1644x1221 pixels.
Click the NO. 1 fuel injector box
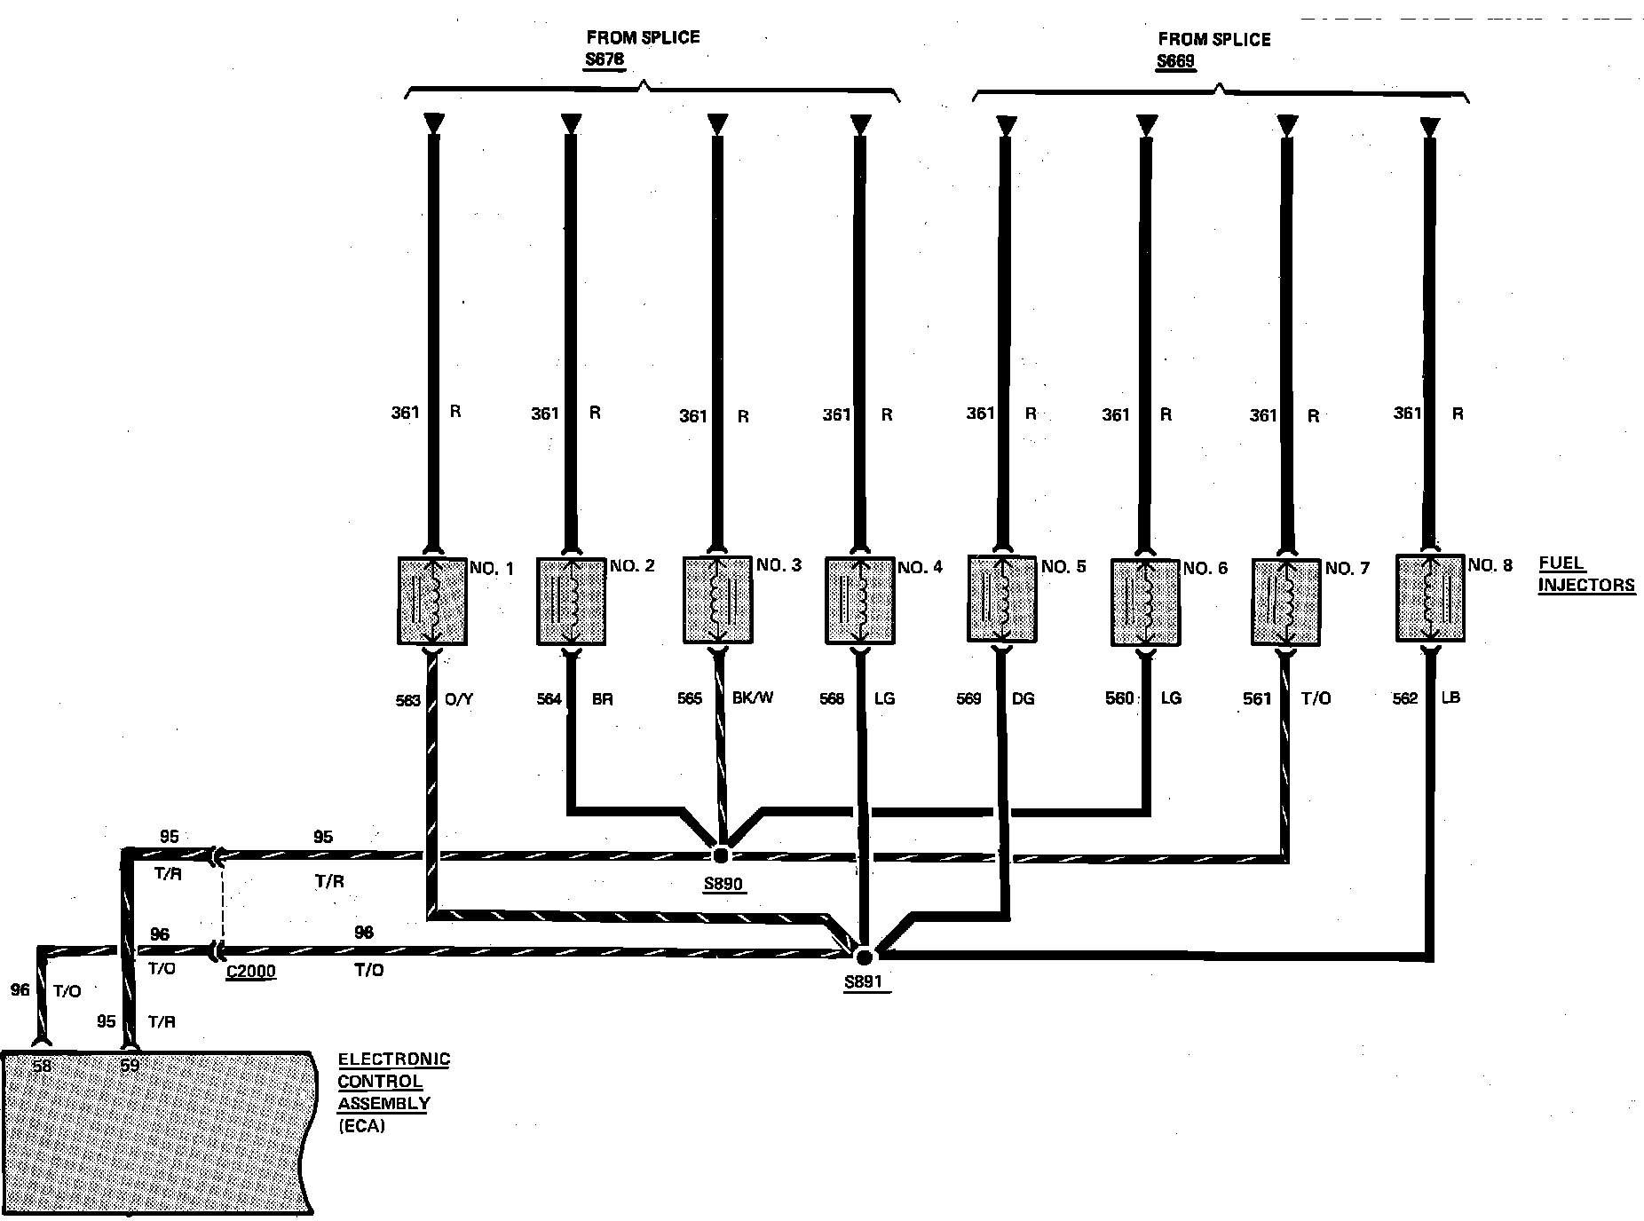(431, 601)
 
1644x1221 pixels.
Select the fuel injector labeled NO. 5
(1001, 598)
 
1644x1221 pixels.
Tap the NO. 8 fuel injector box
(1429, 597)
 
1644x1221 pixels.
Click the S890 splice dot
(721, 855)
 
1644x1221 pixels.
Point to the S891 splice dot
(864, 956)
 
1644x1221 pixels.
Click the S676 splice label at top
(604, 59)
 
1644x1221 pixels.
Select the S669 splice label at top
(1175, 61)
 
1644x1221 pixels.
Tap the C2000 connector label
(250, 971)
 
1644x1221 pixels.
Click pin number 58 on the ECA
(42, 1066)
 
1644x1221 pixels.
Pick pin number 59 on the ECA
(130, 1066)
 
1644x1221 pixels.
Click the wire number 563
(407, 700)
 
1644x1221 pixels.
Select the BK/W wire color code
(753, 697)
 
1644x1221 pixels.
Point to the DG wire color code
(1023, 698)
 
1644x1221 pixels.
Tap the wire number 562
(1405, 698)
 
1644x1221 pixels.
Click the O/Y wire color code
(458, 699)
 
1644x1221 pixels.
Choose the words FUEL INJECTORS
(1585, 574)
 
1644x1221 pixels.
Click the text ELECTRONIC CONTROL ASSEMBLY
(393, 1082)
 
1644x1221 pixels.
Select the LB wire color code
(1450, 697)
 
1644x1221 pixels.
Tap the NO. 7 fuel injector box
(1285, 602)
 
